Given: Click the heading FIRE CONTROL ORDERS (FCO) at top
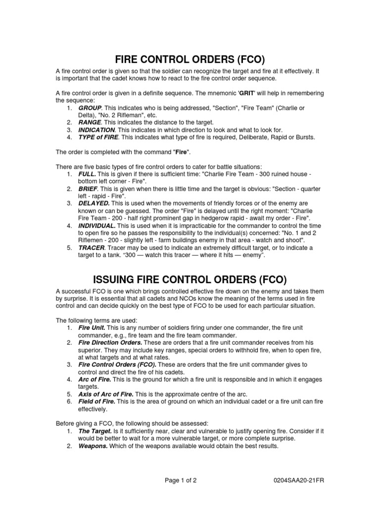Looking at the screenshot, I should click(190, 60).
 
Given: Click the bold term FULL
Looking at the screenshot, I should click(87, 175).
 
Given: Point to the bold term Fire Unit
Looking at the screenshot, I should click(91, 328).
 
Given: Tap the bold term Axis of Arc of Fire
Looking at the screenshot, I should click(106, 394).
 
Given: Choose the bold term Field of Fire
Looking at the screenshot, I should click(97, 402).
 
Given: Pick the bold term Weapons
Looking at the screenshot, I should click(92, 446).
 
